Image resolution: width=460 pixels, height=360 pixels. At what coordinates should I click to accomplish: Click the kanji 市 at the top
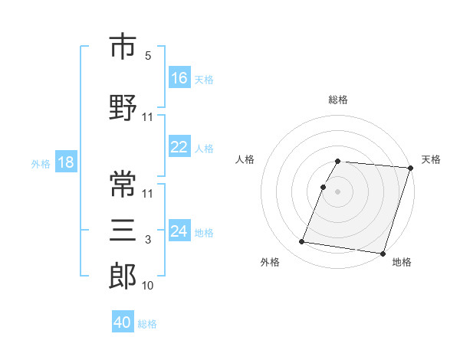coord(123,47)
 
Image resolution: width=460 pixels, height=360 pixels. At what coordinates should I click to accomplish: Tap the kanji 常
coord(123,184)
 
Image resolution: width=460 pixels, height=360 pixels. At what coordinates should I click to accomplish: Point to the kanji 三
coord(123,231)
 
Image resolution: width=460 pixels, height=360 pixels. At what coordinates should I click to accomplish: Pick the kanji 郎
coord(123,276)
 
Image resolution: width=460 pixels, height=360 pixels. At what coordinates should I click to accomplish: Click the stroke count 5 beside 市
coord(148,56)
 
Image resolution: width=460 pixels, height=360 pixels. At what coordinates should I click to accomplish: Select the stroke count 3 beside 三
coord(148,240)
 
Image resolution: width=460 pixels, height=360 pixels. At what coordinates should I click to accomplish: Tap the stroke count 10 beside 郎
coord(148,286)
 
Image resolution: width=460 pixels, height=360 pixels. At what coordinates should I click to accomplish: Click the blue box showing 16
coord(179,78)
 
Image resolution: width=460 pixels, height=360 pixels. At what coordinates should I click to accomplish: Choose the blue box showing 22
coord(179,148)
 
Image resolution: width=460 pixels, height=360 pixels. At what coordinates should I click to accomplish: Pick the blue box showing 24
coord(179,232)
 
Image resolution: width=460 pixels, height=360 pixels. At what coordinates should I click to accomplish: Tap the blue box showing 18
coord(65,162)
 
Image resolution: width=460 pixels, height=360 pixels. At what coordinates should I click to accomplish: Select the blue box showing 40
coord(123,323)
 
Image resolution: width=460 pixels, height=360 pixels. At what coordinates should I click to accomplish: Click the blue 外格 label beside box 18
coord(41,163)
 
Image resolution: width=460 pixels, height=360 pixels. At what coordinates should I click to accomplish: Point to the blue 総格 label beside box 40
coord(147,324)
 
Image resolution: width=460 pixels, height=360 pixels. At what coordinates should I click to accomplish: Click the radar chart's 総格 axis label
coord(338,100)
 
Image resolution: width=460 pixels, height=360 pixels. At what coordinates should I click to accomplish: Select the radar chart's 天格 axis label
coord(431,159)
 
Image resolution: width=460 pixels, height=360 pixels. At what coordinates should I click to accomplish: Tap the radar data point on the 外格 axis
coord(302,242)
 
